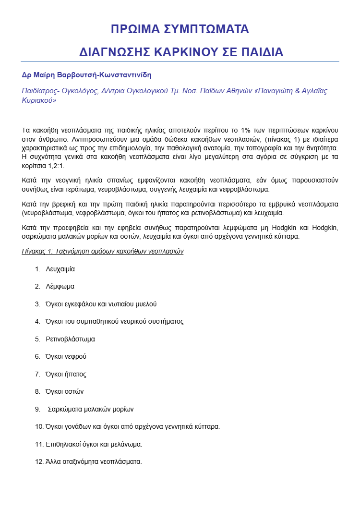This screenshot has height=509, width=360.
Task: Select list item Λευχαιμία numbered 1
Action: pos(60,269)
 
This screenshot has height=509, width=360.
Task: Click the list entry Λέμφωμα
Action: pos(60,286)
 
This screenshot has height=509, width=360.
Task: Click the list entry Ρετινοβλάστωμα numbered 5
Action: pos(70,339)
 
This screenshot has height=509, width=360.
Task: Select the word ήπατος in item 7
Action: pos(77,374)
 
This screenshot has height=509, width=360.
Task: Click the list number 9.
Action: pos(37,410)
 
